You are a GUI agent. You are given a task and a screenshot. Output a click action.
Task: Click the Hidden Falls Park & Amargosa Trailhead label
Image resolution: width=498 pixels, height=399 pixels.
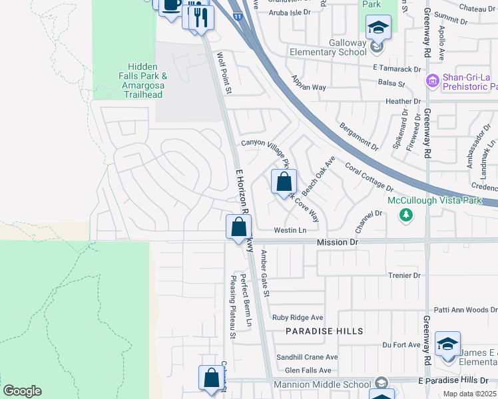(143, 80)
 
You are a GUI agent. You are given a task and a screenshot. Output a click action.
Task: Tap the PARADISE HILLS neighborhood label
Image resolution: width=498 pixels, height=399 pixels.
(325, 331)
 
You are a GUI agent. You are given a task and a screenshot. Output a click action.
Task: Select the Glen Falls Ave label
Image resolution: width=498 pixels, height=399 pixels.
(308, 370)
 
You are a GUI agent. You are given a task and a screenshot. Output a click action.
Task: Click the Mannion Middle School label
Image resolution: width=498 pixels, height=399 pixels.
(323, 384)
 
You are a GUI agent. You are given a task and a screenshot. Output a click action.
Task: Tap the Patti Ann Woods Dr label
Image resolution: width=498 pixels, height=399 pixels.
(465, 310)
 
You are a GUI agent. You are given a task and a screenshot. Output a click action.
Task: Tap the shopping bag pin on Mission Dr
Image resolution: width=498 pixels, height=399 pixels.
(238, 227)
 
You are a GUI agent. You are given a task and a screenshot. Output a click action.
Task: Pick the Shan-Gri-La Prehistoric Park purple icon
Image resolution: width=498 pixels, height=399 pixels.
(432, 81)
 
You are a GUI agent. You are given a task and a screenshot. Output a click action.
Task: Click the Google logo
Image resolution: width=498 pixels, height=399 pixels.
(22, 391)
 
